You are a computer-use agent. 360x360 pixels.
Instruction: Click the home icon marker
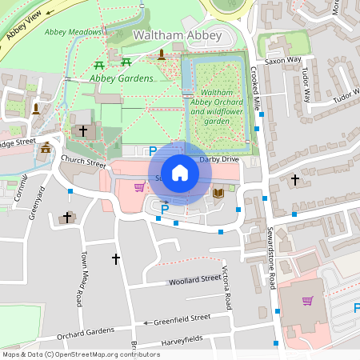point(180,172)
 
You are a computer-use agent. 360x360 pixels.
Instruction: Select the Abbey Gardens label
point(121,78)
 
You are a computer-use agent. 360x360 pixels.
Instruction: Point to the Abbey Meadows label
point(74,32)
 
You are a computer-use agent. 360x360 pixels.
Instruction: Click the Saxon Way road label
point(283,59)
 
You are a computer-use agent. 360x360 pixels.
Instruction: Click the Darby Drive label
point(219,160)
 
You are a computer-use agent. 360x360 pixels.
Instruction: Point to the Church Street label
point(83,163)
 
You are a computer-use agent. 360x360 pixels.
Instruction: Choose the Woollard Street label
point(194,280)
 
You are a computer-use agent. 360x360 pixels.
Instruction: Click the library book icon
point(218,192)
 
